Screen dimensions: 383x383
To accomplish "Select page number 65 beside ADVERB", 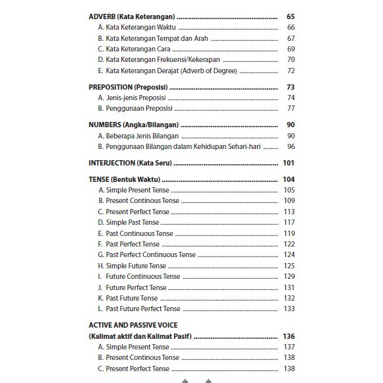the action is [291, 16].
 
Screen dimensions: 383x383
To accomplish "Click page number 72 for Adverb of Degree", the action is [291, 71].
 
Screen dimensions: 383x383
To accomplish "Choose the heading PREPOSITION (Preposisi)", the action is [128, 87].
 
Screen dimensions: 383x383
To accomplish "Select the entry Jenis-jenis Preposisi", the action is [132, 98].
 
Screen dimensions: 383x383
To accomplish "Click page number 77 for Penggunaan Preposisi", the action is [291, 108].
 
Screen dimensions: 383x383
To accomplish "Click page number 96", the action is [291, 146].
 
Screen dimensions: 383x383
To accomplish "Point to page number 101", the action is [288, 163].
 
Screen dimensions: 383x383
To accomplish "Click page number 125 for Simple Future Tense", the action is [289, 266].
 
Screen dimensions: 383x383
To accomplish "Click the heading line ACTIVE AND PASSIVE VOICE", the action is [137, 325].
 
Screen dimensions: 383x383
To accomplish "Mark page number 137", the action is [289, 347].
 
